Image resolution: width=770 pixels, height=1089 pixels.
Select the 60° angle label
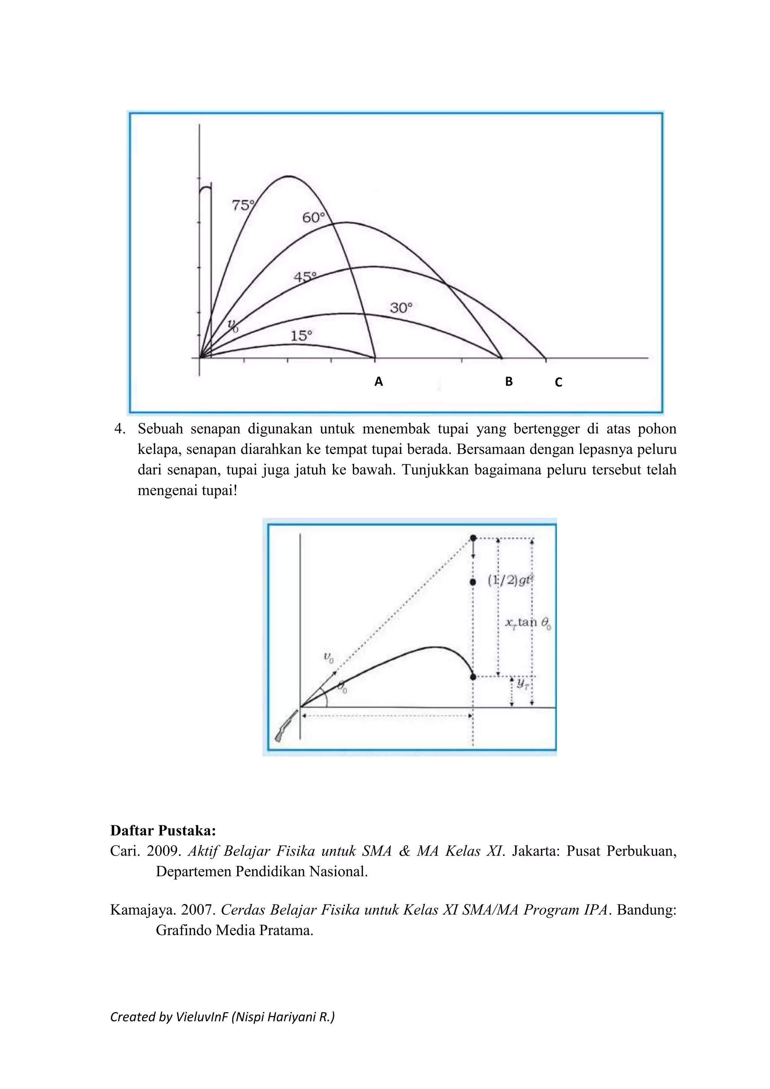pyautogui.click(x=314, y=218)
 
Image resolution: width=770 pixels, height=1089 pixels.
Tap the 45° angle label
pyautogui.click(x=305, y=277)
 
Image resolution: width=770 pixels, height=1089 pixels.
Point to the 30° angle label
pyautogui.click(x=401, y=308)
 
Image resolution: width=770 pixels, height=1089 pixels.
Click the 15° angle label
pyautogui.click(x=301, y=336)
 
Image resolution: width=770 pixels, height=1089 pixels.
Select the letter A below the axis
pyautogui.click(x=378, y=381)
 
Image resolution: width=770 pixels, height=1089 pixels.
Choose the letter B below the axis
pyautogui.click(x=509, y=381)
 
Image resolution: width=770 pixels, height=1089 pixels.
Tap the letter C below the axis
pyautogui.click(x=559, y=382)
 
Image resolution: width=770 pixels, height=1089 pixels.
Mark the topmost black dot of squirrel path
pyautogui.click(x=473, y=538)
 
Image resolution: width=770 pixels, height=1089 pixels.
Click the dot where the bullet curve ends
pyautogui.click(x=473, y=677)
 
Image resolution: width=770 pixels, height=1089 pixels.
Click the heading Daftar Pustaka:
pyautogui.click(x=163, y=831)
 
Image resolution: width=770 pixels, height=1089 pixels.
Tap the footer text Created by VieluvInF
pyautogui.click(x=222, y=1016)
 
